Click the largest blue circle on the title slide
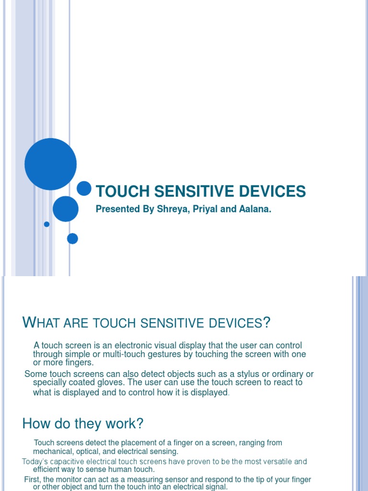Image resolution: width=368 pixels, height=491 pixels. coord(50,164)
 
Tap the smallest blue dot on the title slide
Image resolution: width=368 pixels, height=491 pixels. coord(46,224)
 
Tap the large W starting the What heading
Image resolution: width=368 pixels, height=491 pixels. coord(29,323)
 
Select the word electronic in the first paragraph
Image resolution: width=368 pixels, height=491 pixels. coord(131,346)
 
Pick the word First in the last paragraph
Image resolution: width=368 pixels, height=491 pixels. coord(33,479)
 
